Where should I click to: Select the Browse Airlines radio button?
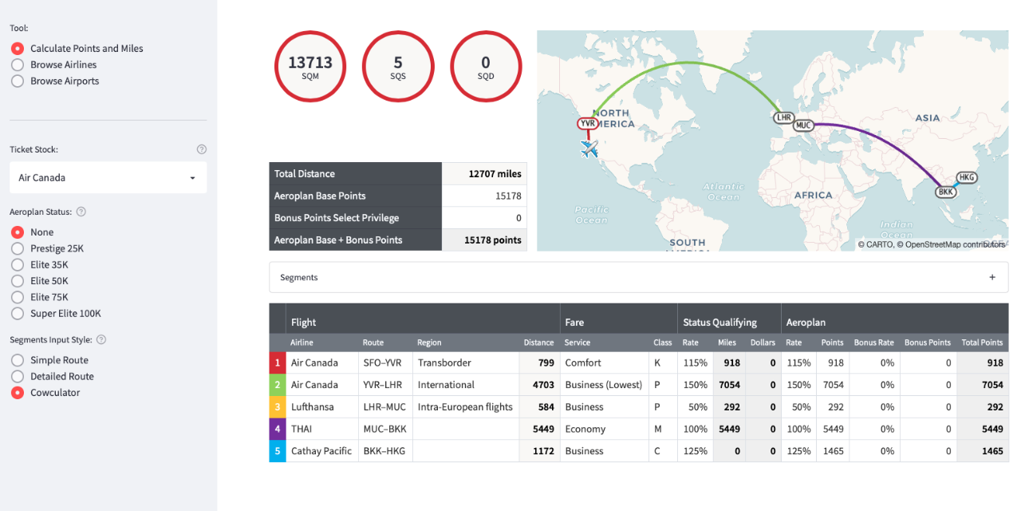pyautogui.click(x=18, y=65)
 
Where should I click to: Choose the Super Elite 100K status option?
pyautogui.click(x=18, y=314)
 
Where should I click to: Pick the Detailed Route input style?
pyautogui.click(x=18, y=377)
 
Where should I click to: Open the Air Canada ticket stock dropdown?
pyautogui.click(x=108, y=177)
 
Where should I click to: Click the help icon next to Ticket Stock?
pyautogui.click(x=202, y=149)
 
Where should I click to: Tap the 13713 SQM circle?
pyautogui.click(x=310, y=67)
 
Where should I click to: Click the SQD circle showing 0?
pyautogui.click(x=486, y=67)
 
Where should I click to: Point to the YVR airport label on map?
pyautogui.click(x=588, y=124)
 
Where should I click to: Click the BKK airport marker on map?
pyautogui.click(x=946, y=192)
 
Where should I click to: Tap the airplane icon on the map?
pyautogui.click(x=589, y=149)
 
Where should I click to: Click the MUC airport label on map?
pyautogui.click(x=803, y=125)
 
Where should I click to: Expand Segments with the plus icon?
pyautogui.click(x=992, y=278)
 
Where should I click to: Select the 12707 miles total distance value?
pyautogui.click(x=495, y=174)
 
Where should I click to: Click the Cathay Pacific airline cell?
pyautogui.click(x=321, y=451)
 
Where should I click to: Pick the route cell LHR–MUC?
pyautogui.click(x=384, y=407)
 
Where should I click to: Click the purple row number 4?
pyautogui.click(x=278, y=429)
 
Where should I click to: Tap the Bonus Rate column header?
pyautogui.click(x=873, y=343)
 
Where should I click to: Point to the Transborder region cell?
pyautogui.click(x=444, y=362)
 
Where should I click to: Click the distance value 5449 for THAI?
pyautogui.click(x=543, y=429)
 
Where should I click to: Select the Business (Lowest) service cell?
pyautogui.click(x=603, y=385)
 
